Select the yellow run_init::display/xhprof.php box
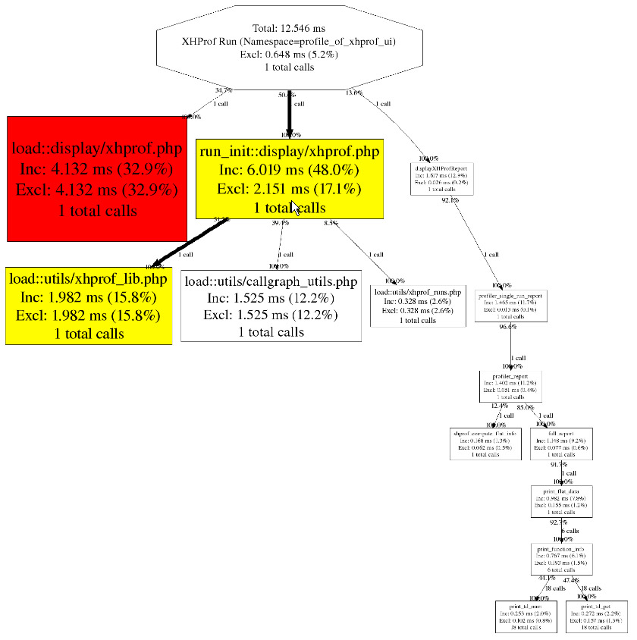(x=289, y=178)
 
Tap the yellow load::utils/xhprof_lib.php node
(x=89, y=306)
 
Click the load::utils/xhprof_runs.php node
(x=417, y=306)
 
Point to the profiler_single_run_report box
(x=511, y=305)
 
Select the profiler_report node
(x=510, y=386)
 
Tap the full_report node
(x=562, y=444)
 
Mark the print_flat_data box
(x=562, y=501)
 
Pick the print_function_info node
(x=561, y=559)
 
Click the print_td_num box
(x=526, y=616)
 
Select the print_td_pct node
(x=596, y=616)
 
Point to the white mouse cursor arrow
(x=295, y=209)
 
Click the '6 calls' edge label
(x=570, y=531)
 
